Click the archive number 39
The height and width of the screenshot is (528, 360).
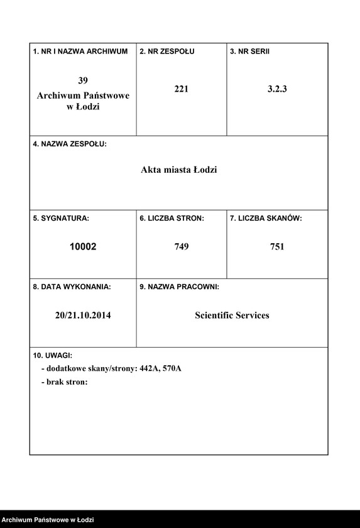83,80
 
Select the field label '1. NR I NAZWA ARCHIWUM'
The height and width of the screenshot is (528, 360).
80,51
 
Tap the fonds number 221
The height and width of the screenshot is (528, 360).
181,89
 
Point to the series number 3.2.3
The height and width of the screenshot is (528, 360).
277,89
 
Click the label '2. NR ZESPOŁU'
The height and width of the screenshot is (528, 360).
167,51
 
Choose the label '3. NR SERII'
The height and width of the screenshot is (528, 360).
249,51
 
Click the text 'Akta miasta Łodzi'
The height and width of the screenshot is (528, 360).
178,170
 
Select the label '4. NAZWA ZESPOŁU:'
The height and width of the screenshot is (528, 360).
70,144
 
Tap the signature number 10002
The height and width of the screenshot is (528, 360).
83,247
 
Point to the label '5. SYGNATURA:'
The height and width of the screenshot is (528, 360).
61,218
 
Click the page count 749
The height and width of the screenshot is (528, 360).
181,247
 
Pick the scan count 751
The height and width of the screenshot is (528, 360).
277,247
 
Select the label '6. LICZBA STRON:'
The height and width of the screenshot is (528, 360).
172,218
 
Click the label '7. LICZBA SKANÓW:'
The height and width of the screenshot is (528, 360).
266,218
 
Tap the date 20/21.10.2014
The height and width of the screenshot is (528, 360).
83,316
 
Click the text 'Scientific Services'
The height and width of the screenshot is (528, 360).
232,316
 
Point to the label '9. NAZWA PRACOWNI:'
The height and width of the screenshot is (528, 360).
179,287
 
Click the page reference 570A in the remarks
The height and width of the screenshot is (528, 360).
172,368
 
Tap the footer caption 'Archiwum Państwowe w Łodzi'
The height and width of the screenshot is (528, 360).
48,520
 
